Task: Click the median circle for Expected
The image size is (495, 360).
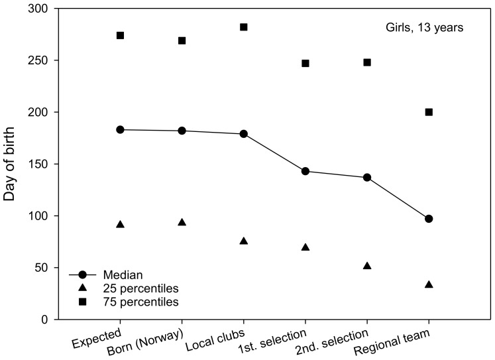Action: point(120,129)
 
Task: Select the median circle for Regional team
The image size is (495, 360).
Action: point(429,219)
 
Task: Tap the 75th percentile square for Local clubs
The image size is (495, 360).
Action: point(244,27)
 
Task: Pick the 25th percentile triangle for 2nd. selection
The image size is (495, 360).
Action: point(367,266)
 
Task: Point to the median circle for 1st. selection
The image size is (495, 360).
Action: point(305,171)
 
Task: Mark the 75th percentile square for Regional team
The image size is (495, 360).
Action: point(429,112)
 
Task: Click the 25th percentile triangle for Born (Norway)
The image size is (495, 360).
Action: point(182,222)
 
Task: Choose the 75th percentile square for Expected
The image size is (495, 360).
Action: point(120,35)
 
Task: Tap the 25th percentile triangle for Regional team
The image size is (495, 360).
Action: point(429,284)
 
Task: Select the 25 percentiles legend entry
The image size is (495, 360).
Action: point(133,288)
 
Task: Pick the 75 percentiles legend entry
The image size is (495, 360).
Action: point(133,302)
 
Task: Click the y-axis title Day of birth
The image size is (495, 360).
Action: point(13,164)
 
